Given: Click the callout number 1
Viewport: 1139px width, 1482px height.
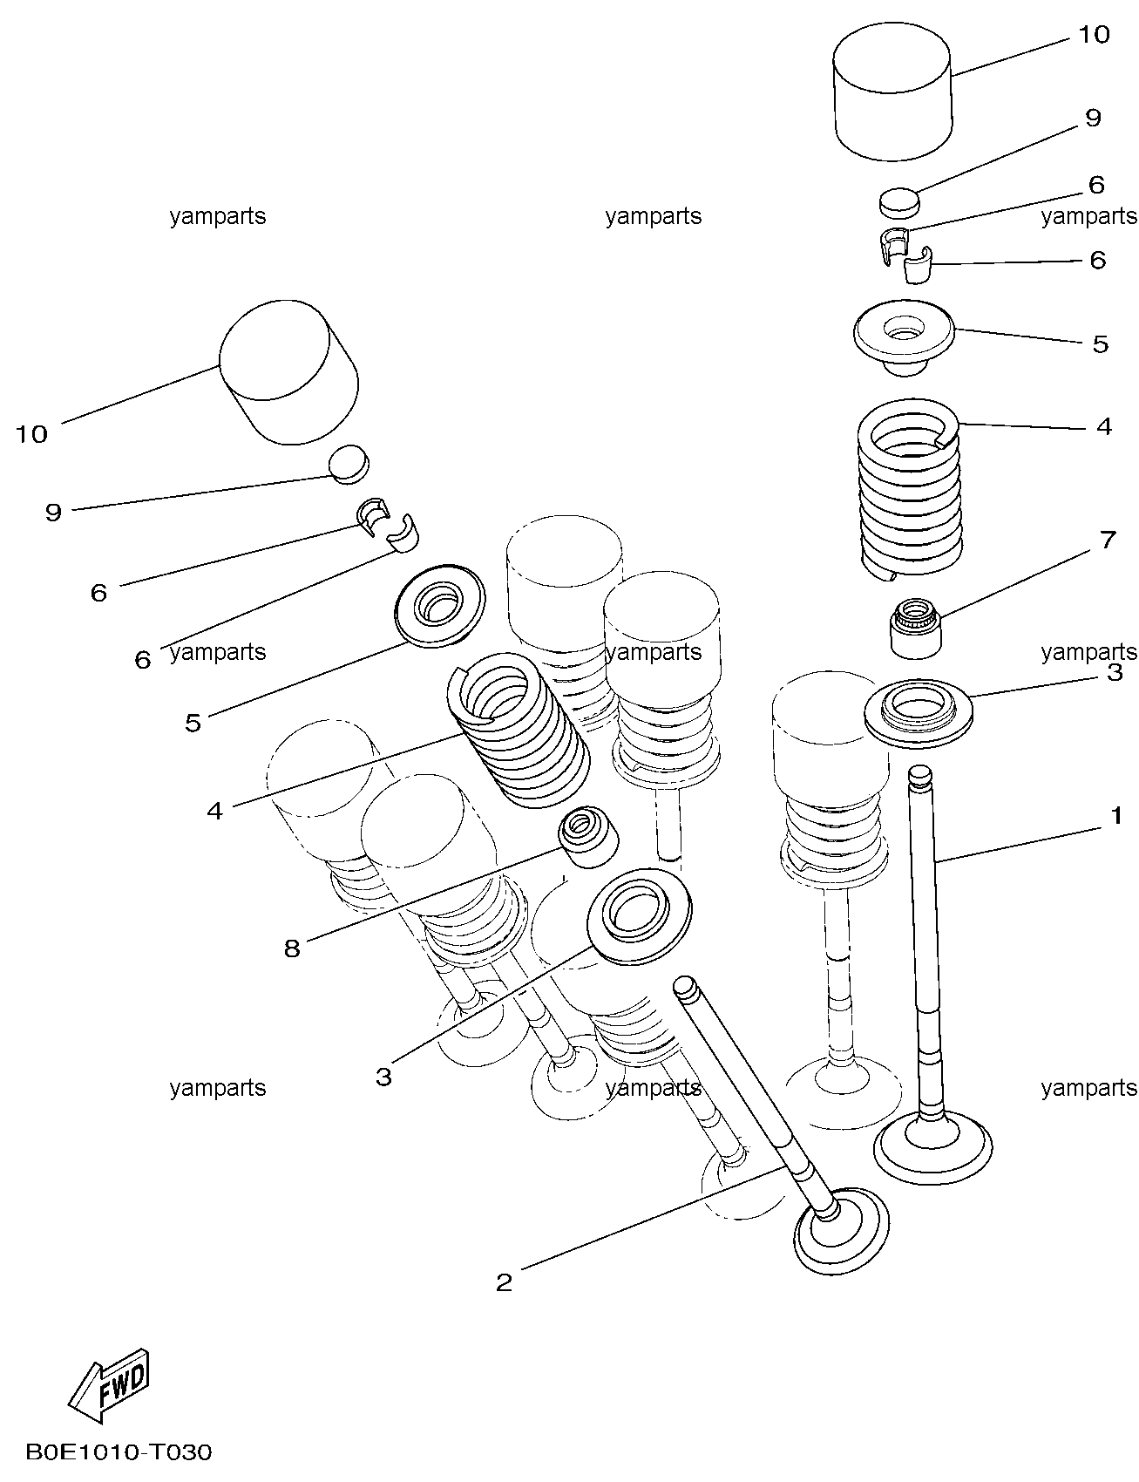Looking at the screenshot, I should pyautogui.click(x=1115, y=816).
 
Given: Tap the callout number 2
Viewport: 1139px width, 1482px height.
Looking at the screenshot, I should pyautogui.click(x=504, y=1282).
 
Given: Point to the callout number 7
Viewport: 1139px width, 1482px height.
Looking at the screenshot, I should pyautogui.click(x=1107, y=540).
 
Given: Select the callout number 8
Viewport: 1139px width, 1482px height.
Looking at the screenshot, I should pyautogui.click(x=292, y=948).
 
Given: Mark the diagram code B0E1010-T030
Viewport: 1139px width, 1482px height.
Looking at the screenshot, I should pyautogui.click(x=119, y=1452).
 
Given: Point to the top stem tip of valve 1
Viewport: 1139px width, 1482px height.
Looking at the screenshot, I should pyautogui.click(x=920, y=773).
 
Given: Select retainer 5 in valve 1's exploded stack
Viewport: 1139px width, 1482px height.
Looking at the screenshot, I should pyautogui.click(x=905, y=336).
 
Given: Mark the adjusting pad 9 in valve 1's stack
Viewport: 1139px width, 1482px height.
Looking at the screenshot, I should pyautogui.click(x=899, y=201).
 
